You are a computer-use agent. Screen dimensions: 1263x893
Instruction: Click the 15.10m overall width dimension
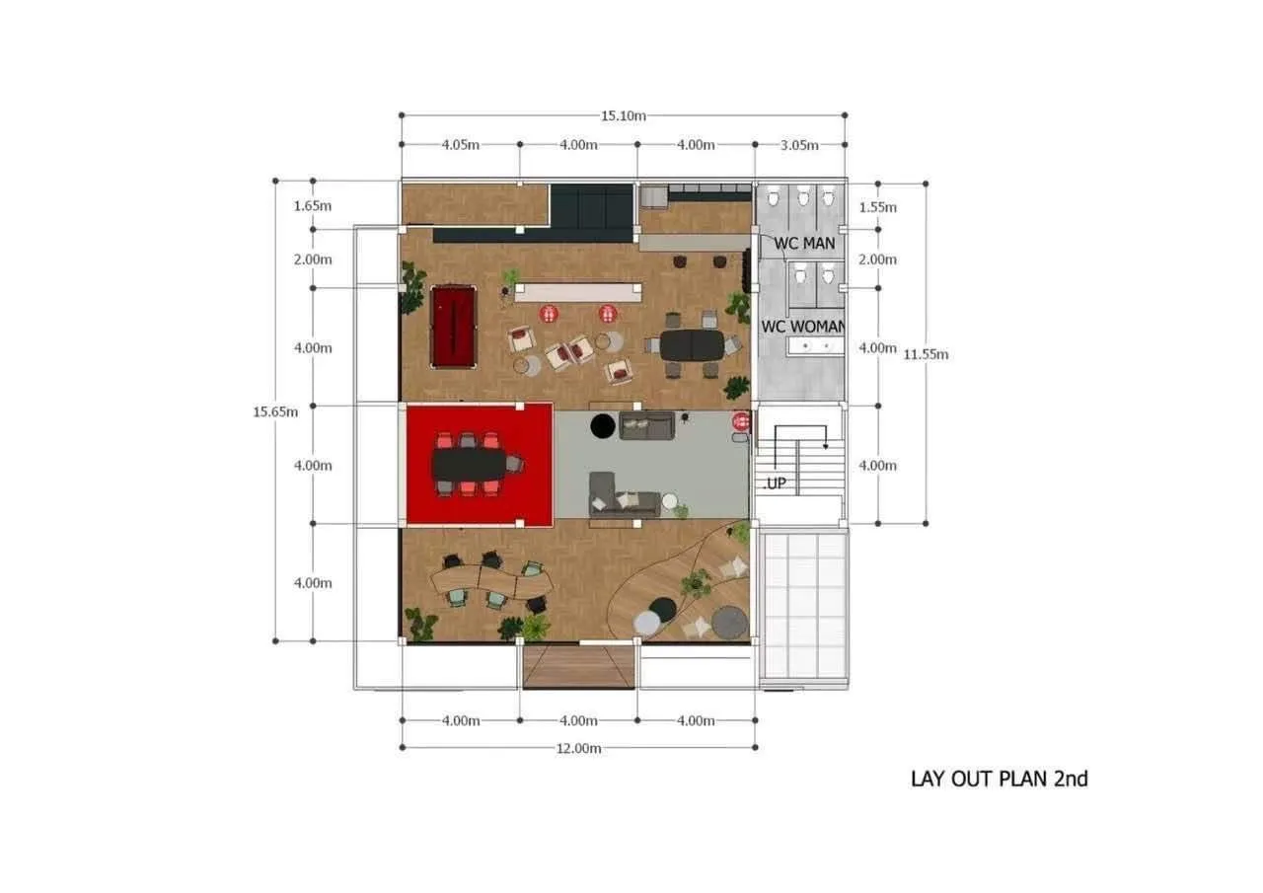[x=623, y=115]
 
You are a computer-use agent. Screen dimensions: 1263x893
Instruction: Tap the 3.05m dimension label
[x=799, y=145]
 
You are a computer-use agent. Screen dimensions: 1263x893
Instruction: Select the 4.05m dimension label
[x=460, y=145]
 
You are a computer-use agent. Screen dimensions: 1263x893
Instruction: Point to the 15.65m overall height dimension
[x=275, y=411]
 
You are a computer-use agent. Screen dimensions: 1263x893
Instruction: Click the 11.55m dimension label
[x=926, y=354]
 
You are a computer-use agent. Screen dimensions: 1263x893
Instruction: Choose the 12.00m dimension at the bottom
[x=578, y=748]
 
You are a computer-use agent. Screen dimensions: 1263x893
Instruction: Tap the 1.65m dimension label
[x=313, y=206]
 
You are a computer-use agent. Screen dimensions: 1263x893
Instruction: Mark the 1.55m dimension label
[x=877, y=207]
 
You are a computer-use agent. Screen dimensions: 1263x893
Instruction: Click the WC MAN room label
[x=804, y=244]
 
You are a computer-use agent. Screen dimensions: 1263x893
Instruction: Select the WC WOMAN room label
[x=803, y=327]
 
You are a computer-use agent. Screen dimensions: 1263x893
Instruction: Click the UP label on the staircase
[x=776, y=484]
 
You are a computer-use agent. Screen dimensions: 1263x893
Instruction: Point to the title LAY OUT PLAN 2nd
[x=1000, y=780]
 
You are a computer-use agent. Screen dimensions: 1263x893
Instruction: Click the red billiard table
[x=453, y=327]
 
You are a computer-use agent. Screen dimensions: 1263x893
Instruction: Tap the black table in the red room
[x=470, y=464]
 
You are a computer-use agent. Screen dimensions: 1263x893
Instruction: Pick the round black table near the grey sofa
[x=603, y=425]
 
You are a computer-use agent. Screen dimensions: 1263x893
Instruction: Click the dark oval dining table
[x=693, y=345]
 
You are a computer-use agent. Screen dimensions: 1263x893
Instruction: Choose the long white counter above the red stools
[x=578, y=293]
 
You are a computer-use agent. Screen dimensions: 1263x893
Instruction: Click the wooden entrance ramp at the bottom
[x=578, y=666]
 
